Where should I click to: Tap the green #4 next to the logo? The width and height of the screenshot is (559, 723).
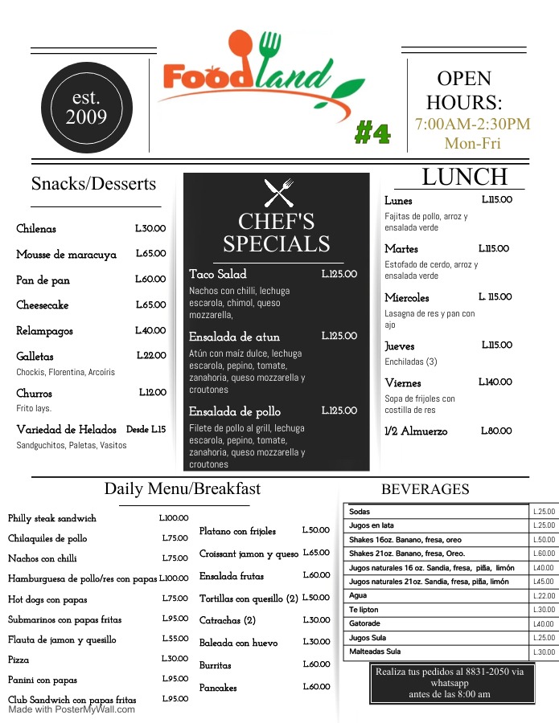click(372, 133)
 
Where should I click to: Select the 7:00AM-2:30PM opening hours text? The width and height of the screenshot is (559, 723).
click(472, 125)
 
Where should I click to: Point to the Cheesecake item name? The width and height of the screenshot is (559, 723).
click(43, 305)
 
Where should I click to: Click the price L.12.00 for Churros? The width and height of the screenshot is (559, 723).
click(152, 392)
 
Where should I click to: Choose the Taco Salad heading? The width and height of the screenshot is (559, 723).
click(218, 274)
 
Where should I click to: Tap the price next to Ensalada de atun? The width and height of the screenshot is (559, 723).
click(339, 336)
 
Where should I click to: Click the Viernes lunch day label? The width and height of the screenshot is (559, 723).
click(403, 383)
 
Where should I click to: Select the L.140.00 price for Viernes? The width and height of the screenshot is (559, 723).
click(495, 382)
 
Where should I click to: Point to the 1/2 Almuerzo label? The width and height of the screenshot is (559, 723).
click(416, 431)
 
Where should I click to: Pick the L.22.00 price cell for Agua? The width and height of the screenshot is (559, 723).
click(545, 595)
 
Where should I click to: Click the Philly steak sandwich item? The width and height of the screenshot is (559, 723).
click(52, 519)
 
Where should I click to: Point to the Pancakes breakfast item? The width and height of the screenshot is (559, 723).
click(218, 688)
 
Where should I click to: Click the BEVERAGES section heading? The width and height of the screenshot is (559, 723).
click(425, 489)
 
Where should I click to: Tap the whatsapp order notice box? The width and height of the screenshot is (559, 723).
click(449, 682)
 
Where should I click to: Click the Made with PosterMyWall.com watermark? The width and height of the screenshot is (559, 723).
click(72, 709)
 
